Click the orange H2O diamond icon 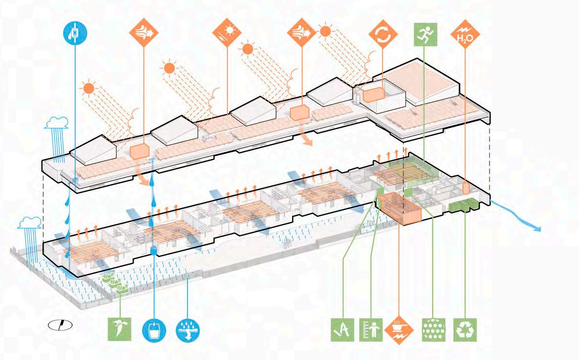click(465, 37)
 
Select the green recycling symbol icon click(465, 330)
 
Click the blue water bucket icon click(154, 330)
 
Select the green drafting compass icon click(344, 330)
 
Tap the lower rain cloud click(30, 223)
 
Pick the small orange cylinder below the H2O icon click(465, 188)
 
